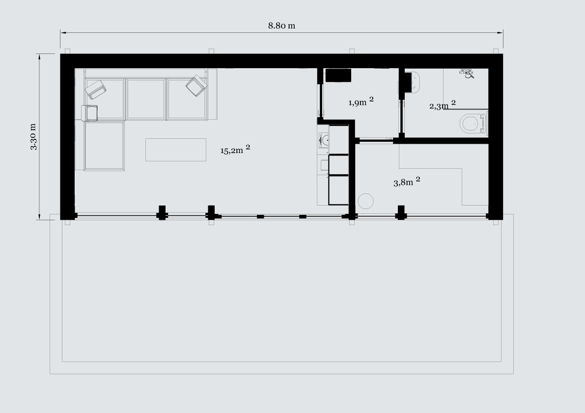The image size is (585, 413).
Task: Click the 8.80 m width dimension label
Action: (281, 26)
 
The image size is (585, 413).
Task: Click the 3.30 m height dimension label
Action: (33, 137)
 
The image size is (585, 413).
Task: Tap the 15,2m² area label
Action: (235, 149)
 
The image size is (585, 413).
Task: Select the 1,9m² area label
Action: (361, 102)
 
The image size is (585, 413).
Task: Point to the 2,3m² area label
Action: (442, 105)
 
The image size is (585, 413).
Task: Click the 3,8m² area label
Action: (407, 181)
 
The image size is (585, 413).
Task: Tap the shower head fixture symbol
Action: (468, 74)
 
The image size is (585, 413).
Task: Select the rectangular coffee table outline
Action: (176, 150)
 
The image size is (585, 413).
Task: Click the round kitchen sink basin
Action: (324, 141)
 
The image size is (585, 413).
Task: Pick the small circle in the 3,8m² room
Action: (365, 201)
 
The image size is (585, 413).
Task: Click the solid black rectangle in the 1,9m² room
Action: (338, 75)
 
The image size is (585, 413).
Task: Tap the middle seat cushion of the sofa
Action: (146, 99)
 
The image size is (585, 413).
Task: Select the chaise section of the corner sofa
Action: (104, 146)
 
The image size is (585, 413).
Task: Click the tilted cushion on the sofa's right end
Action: (196, 86)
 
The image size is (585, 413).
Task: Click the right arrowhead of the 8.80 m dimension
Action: (500, 33)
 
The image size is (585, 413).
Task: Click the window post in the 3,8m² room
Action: (401, 212)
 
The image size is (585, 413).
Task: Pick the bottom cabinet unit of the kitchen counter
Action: (338, 190)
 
